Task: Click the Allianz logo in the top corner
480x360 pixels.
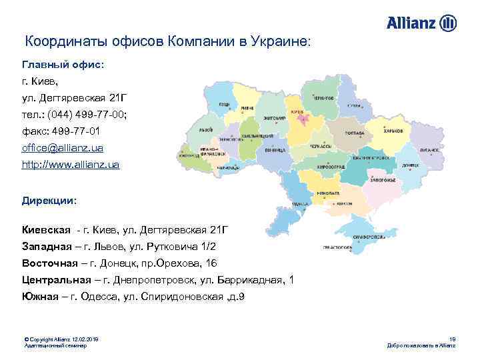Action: [x=421, y=24]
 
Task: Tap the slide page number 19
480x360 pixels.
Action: [x=452, y=340]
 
